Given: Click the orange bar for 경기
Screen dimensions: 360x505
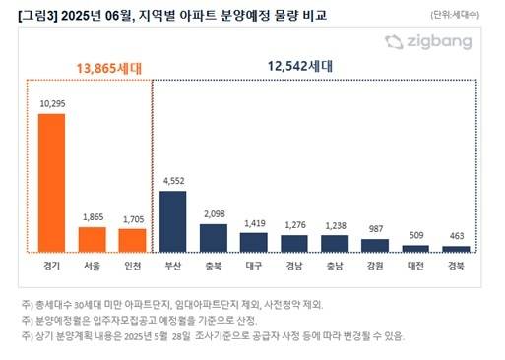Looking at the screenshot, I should click(51, 183).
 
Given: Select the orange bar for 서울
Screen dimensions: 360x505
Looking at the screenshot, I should click(92, 240).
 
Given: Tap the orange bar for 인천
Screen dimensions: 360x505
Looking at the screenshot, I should click(132, 241).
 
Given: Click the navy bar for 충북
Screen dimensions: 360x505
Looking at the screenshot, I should click(214, 238).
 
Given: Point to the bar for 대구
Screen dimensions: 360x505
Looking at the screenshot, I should click(254, 242).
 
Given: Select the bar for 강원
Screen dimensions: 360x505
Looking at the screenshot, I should click(375, 245).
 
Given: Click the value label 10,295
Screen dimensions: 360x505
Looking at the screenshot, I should click(51, 103).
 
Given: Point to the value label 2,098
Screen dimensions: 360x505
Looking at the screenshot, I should click(214, 214).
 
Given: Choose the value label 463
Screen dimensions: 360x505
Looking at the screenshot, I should click(456, 237).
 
